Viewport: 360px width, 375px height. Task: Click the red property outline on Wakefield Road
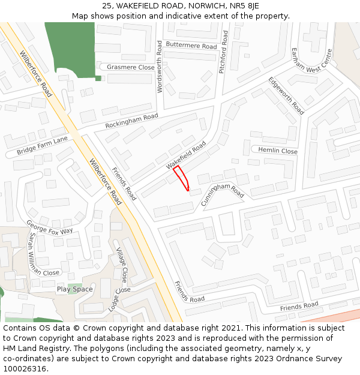pos(182,179)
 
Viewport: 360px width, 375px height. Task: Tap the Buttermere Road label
pos(191,46)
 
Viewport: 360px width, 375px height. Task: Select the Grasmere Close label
pos(130,67)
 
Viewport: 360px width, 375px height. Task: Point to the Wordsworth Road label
pos(160,67)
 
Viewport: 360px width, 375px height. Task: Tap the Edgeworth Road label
pos(286,95)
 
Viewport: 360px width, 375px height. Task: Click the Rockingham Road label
pos(131,121)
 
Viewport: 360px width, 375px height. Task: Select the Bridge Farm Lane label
pos(42,145)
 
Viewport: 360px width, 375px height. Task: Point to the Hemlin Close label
pos(277,151)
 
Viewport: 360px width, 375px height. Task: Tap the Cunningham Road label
pos(223,195)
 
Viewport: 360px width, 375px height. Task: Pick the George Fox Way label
pos(49,227)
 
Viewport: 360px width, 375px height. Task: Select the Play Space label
pos(75,289)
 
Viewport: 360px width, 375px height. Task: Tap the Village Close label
pos(121,265)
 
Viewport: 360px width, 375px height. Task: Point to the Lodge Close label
pos(119,298)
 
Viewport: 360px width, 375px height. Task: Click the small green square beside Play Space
pos(75,284)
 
